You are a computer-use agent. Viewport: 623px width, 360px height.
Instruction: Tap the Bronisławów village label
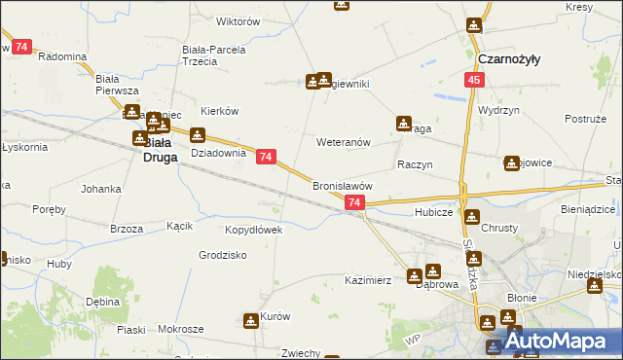pos(342,185)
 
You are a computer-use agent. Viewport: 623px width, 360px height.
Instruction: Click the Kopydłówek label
pos(253,230)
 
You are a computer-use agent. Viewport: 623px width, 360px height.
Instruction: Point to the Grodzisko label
pos(222,255)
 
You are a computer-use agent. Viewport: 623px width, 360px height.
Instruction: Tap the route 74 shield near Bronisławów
pos(354,202)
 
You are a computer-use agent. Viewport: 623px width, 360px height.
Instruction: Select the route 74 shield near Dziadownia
pos(267,156)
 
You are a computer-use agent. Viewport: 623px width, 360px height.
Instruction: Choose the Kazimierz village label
pos(368,280)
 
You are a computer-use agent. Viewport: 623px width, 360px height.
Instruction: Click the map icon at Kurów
pos(250,319)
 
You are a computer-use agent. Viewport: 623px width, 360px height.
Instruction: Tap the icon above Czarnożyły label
pos(474,25)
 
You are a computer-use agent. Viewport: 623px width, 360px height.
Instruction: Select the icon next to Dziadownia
pos(198,135)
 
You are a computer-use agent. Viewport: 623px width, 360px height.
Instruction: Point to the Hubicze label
pos(433,211)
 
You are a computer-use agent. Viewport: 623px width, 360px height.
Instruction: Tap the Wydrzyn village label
pos(496,110)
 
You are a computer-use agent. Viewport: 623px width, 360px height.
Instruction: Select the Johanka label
pos(101,188)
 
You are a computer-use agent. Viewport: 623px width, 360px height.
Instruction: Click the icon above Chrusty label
pos(472,216)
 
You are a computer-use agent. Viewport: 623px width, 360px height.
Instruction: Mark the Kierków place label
pos(219,111)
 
